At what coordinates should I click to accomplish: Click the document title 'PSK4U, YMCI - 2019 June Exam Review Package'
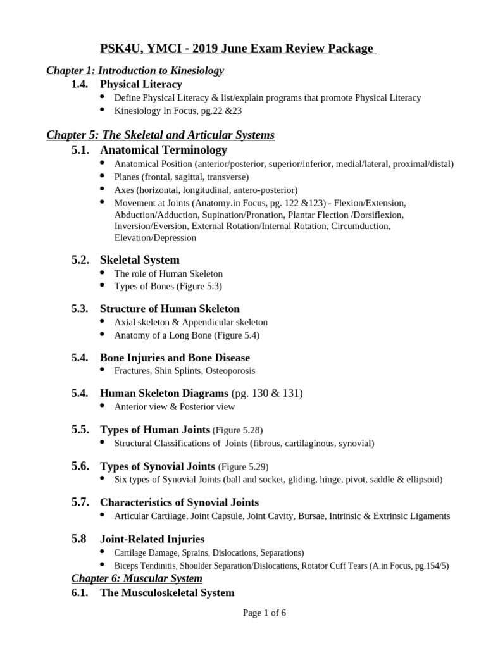click(x=237, y=49)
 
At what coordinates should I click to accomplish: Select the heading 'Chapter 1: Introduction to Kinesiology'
click(x=135, y=70)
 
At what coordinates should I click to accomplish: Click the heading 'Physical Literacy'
click(x=140, y=84)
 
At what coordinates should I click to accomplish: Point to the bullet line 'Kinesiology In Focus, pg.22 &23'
click(x=178, y=111)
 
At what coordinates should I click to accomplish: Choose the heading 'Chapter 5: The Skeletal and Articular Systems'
click(x=160, y=135)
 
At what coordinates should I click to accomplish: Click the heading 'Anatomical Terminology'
click(x=163, y=150)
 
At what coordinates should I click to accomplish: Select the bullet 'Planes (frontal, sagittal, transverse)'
click(x=181, y=177)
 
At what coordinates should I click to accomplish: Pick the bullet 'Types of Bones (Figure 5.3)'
click(x=168, y=286)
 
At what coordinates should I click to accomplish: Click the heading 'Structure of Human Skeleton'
click(x=170, y=309)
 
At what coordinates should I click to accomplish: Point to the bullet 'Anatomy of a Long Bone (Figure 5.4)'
click(x=187, y=335)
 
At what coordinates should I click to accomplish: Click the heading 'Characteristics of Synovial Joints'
click(x=179, y=502)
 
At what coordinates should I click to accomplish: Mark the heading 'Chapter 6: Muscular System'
click(x=137, y=578)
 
